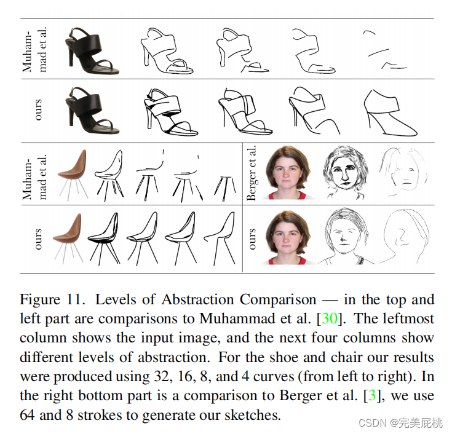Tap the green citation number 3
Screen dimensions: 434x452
click(373, 396)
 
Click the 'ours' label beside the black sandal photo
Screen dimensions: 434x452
click(38, 110)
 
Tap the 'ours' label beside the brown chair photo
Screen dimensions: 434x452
click(38, 239)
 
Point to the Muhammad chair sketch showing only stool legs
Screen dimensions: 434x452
click(224, 186)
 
